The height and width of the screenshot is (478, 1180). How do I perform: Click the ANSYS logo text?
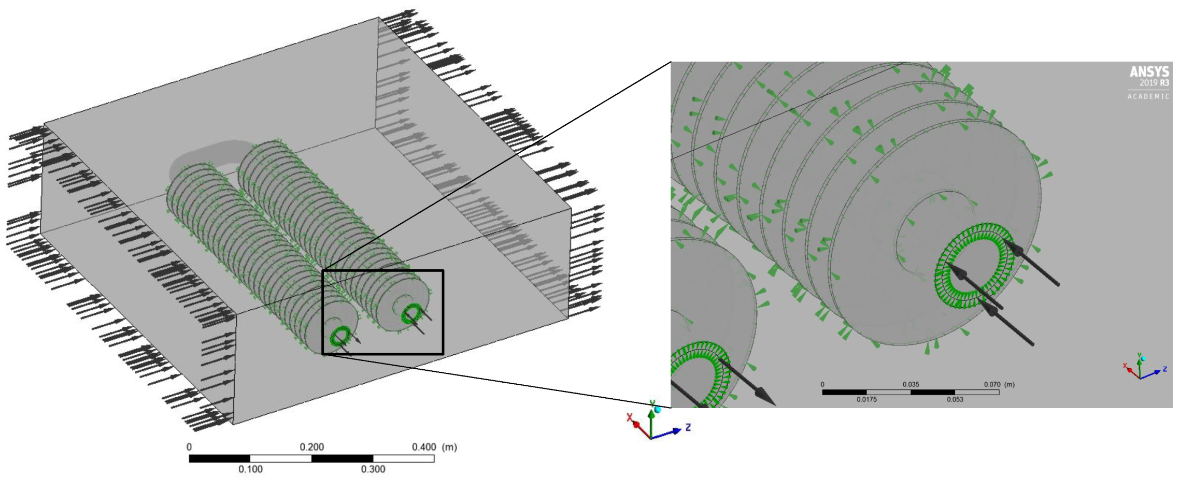(1149, 71)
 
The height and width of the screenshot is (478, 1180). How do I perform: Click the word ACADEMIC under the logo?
(1148, 96)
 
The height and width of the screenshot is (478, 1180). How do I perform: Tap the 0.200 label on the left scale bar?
(311, 447)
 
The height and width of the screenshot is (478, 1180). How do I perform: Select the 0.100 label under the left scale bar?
(250, 469)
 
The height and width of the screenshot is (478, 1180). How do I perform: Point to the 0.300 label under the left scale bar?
(373, 469)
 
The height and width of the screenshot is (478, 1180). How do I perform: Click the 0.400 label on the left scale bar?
(424, 447)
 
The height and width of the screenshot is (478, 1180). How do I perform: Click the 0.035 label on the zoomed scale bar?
(911, 384)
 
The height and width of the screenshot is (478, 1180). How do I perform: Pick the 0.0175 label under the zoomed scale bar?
(866, 399)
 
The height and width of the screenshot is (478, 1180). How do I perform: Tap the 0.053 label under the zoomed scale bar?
(955, 399)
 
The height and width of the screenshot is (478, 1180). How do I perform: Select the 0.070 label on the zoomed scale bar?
(992, 384)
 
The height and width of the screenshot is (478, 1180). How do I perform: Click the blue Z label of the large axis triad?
(688, 427)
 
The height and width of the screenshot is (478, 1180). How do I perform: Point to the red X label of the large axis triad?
(630, 417)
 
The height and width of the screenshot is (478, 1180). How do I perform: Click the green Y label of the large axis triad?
(652, 403)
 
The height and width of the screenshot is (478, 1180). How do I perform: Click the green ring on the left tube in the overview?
(340, 337)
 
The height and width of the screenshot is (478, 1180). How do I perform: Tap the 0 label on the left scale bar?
(189, 447)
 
